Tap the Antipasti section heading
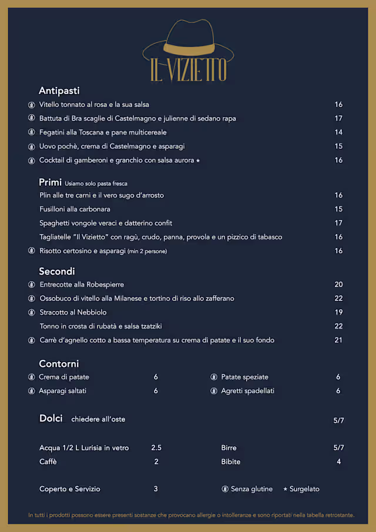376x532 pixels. [x=59, y=91]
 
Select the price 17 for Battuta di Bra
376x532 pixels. [x=338, y=119]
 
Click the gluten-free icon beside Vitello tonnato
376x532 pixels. [x=31, y=105]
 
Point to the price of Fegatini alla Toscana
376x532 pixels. [x=338, y=132]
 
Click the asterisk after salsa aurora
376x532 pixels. [x=198, y=160]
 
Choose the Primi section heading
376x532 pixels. [x=50, y=182]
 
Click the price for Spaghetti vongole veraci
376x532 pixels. [x=338, y=223]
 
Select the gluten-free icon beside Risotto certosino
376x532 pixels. [x=31, y=251]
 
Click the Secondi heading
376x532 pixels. [x=56, y=272]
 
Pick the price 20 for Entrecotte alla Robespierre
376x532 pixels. [x=338, y=285]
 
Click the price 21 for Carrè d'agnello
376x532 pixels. [x=338, y=340]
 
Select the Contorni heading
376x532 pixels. [x=59, y=364]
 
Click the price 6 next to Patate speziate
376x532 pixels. [x=338, y=377]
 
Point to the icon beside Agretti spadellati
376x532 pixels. [x=213, y=391]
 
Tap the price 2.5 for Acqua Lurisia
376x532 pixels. [x=156, y=448]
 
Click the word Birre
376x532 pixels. [x=229, y=448]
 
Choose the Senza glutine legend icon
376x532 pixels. [x=225, y=489]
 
